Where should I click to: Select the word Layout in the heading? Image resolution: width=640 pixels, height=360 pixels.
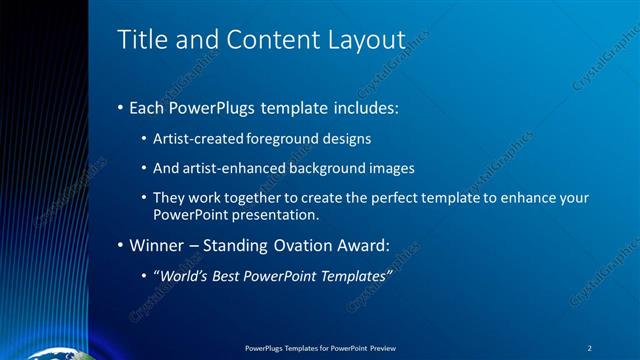pos(366,41)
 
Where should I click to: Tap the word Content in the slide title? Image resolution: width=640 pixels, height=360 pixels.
pos(263,41)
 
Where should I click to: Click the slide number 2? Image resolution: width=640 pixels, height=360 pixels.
pos(590,348)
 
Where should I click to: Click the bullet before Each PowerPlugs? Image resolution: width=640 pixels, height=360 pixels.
pos(121,105)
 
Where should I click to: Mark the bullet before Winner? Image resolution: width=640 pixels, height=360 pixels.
pos(121,245)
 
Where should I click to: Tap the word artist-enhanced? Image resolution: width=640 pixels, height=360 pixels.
pos(228,168)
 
